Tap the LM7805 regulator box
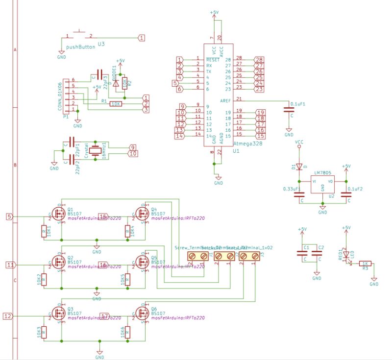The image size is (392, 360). click(322, 184)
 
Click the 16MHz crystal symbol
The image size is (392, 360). click(97, 151)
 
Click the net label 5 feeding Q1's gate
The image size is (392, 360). click(9, 216)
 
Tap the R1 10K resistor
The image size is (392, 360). click(116, 104)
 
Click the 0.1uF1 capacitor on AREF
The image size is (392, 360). click(289, 110)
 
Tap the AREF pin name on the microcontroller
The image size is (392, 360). click(225, 100)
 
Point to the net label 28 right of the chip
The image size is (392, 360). click(259, 60)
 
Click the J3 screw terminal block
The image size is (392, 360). click(249, 256)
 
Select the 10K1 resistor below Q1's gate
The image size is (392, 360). click(44, 231)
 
